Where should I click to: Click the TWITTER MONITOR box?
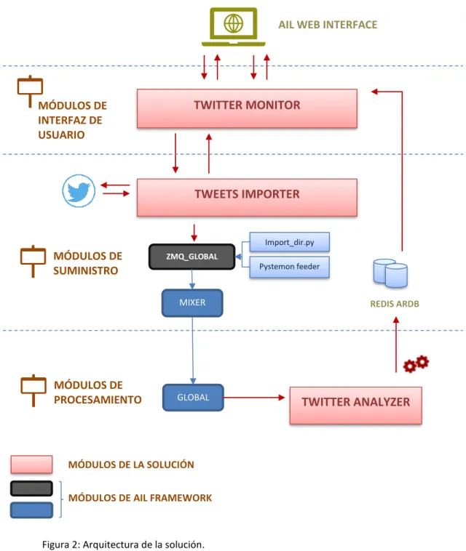247,108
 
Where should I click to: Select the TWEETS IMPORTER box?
247,198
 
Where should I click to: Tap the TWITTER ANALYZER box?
356,406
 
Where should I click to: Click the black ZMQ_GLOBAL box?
191,257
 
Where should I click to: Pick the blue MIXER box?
192,303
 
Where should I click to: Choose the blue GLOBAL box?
193,398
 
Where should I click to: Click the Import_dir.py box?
290,242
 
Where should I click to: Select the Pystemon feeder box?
290,267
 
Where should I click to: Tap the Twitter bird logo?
79,190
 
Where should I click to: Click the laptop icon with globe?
233,27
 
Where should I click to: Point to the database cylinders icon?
391,273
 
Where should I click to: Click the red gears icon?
416,363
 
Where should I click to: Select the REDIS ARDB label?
395,304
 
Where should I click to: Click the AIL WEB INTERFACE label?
328,25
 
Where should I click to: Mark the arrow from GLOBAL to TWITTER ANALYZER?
254,398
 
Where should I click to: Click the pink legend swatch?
32,464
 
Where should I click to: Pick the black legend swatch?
32,488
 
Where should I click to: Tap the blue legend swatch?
32,510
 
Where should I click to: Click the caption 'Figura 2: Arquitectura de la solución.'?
123,544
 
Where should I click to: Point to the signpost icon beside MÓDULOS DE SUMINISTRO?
33,261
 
